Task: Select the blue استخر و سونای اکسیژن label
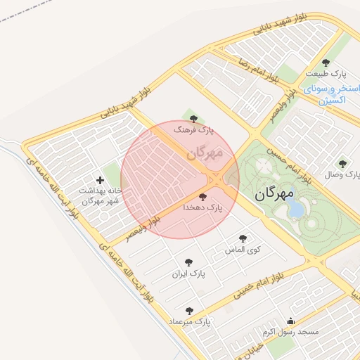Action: pyautogui.click(x=324, y=96)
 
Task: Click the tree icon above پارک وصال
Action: pyautogui.click(x=342, y=163)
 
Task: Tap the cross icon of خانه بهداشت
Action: pyautogui.click(x=100, y=180)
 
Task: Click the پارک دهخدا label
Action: pyautogui.click(x=202, y=208)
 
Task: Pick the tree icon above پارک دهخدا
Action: pyautogui.click(x=203, y=197)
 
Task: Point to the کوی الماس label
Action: pyautogui.click(x=243, y=250)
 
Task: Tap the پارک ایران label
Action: pyautogui.click(x=189, y=273)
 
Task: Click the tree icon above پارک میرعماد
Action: pyautogui.click(x=188, y=310)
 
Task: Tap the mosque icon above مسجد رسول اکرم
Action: pyautogui.click(x=291, y=321)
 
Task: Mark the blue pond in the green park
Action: pyautogui.click(x=296, y=209)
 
